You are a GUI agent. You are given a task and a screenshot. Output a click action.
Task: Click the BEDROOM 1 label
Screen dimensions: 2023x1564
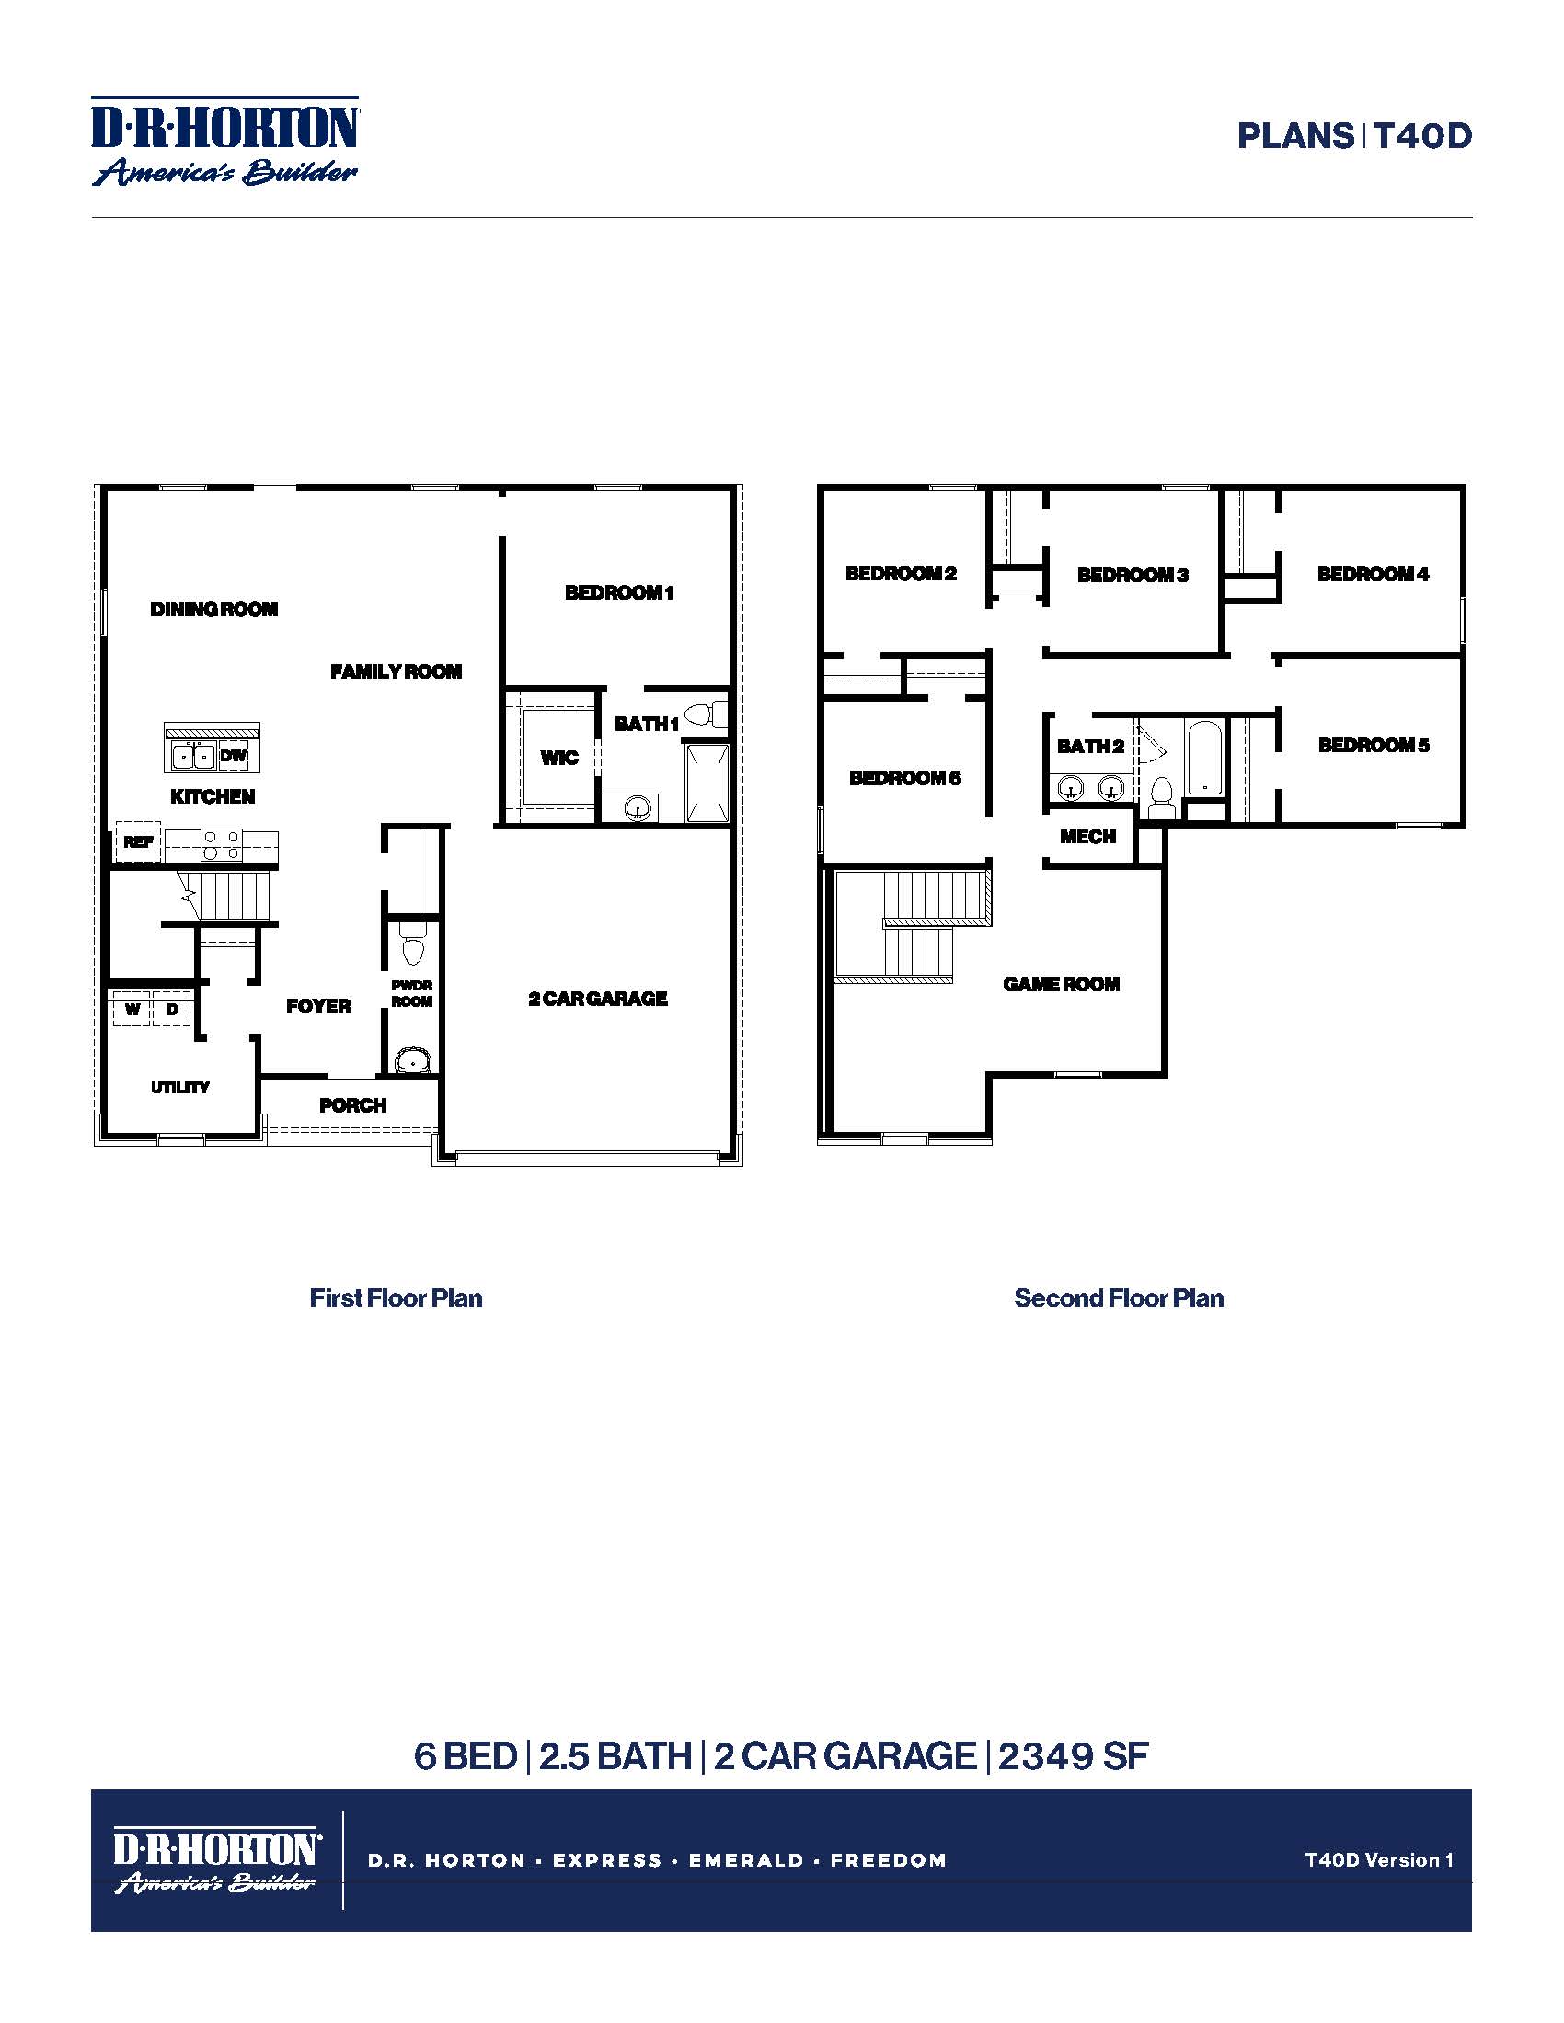[619, 592]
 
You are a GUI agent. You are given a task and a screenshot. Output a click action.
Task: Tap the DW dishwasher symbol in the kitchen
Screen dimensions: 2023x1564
[234, 755]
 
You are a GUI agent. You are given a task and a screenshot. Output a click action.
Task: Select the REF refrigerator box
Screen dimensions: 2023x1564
[138, 842]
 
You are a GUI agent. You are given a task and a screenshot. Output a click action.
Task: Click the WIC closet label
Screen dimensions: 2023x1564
[558, 758]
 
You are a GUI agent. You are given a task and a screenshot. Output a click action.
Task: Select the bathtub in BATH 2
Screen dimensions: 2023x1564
[1204, 758]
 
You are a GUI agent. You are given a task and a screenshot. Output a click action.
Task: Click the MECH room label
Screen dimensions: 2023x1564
[1087, 837]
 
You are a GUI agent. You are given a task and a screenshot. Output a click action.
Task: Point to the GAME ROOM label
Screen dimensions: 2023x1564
[1061, 984]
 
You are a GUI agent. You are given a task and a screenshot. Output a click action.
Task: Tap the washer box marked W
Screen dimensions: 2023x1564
[132, 1009]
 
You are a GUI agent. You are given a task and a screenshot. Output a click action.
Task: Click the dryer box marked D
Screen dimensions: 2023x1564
[172, 1009]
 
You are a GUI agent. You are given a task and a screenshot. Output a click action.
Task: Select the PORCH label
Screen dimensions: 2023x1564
[352, 1105]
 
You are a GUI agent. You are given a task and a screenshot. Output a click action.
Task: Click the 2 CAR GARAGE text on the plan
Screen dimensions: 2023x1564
[598, 999]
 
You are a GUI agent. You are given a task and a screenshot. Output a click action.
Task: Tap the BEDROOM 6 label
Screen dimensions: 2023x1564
[904, 778]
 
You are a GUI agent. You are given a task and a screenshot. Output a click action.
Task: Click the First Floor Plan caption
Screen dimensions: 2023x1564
[396, 1297]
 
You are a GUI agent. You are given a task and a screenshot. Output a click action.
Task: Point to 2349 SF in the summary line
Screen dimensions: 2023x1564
[1073, 1756]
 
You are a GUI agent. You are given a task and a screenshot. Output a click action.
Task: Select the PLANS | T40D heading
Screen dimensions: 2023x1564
[1353, 136]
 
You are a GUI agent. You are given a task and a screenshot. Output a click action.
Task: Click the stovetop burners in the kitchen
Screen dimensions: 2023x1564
[222, 845]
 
